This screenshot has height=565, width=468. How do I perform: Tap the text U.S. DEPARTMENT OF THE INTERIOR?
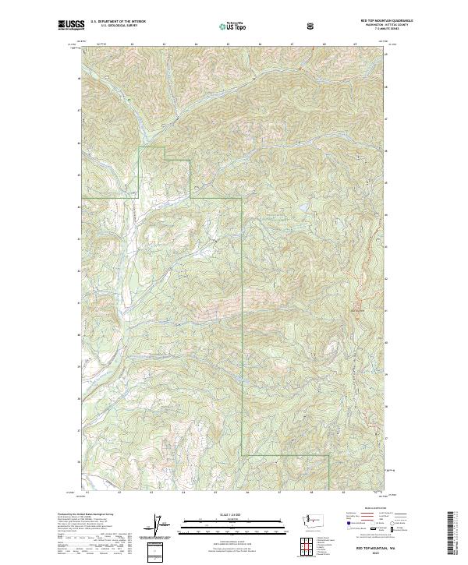tap(118, 22)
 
